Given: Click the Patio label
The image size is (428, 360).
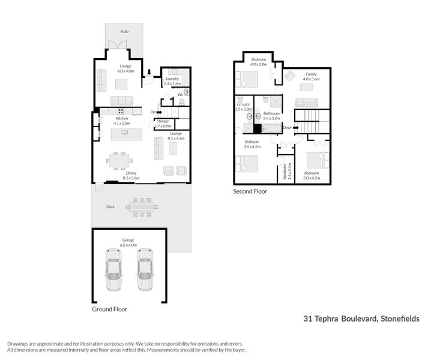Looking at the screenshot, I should [x=124, y=31].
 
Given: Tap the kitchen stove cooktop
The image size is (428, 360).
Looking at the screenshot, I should [x=121, y=111].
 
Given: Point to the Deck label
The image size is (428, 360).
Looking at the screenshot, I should [x=110, y=207].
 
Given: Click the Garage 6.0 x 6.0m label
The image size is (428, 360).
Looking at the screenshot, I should [x=129, y=243].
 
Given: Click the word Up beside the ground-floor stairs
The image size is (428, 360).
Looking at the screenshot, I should [x=153, y=112].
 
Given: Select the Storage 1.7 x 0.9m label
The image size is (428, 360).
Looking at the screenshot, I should [x=163, y=124].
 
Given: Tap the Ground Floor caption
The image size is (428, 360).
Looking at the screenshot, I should [x=109, y=310].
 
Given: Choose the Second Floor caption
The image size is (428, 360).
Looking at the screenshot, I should [x=250, y=191].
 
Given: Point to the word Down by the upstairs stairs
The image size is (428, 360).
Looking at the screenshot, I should [x=288, y=127].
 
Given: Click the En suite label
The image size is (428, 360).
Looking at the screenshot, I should [x=243, y=107].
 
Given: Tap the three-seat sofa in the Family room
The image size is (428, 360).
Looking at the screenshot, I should [x=307, y=102].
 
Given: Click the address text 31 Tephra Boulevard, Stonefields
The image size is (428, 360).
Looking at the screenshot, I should [x=361, y=319].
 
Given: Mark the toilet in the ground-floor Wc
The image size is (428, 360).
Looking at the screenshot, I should [x=185, y=92].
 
